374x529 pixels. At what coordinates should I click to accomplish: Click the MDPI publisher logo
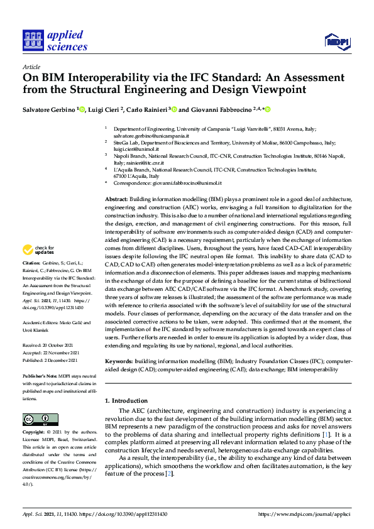(x=336, y=41)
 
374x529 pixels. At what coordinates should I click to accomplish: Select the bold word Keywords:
(x=119, y=363)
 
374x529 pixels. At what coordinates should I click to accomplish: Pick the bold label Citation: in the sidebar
(x=31, y=280)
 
